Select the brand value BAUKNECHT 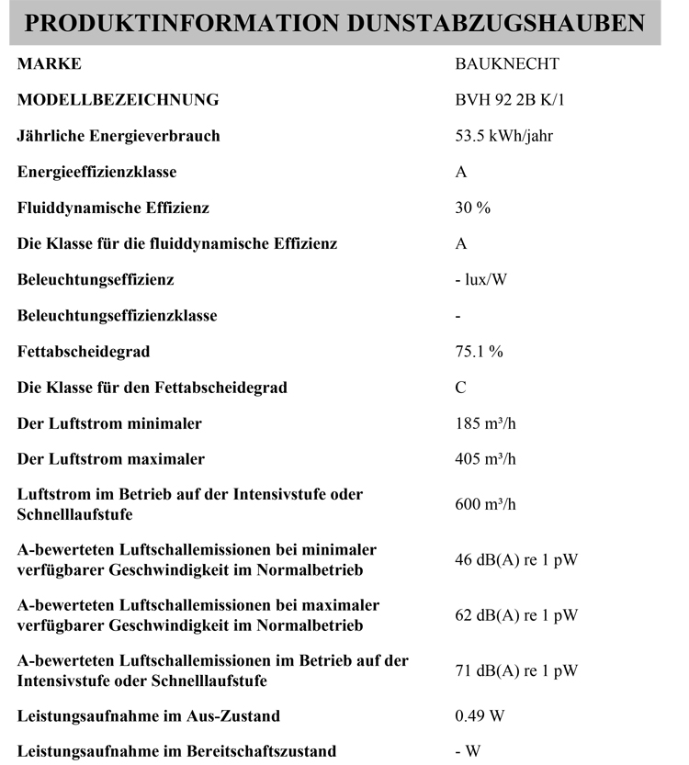pos(507,64)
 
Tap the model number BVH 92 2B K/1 pos(511,100)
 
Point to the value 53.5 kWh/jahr pos(503,136)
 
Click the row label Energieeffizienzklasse pos(96,172)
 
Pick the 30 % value pos(473,208)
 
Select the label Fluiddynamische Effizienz pos(113,208)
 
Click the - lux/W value pos(480,279)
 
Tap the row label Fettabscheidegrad pos(84,351)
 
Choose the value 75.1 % pos(480,352)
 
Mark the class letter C pos(461,388)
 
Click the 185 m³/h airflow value pos(486,423)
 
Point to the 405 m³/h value pos(486,459)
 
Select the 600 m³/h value pos(486,505)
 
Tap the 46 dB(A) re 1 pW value pos(516,560)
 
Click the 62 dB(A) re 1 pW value pos(516,615)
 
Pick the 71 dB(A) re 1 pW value pos(516,670)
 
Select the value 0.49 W pos(480,715)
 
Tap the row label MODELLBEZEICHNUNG pos(118,100)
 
